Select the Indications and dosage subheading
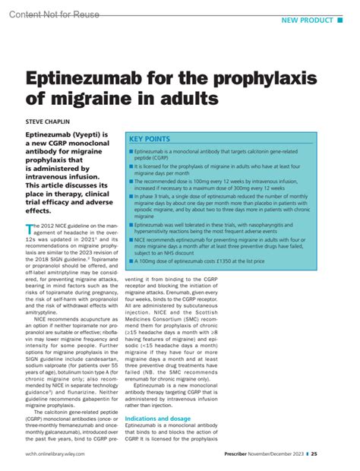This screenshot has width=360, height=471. [157, 418]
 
